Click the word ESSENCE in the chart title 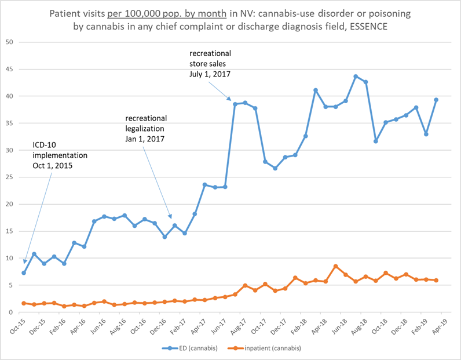369,27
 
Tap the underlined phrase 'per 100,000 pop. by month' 167,14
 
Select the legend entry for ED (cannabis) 190,348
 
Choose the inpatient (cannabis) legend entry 265,348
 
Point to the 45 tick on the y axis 9,69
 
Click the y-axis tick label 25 9,177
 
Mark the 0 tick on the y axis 11,312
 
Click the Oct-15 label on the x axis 17,326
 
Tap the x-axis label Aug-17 239,326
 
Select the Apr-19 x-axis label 440,326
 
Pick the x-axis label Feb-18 299,326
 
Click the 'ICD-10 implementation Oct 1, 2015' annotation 60,155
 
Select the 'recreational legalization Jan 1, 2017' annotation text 146,128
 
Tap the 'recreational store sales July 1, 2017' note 210,64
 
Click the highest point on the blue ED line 356,77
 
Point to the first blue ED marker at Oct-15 24,273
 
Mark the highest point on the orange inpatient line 336,266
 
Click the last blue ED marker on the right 436,100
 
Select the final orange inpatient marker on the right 436,280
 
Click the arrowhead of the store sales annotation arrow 229,100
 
